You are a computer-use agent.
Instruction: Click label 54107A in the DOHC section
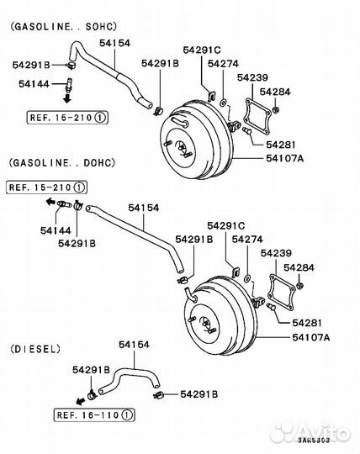point(310,337)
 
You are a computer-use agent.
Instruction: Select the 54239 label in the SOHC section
point(252,77)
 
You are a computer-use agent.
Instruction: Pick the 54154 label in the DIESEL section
point(135,345)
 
